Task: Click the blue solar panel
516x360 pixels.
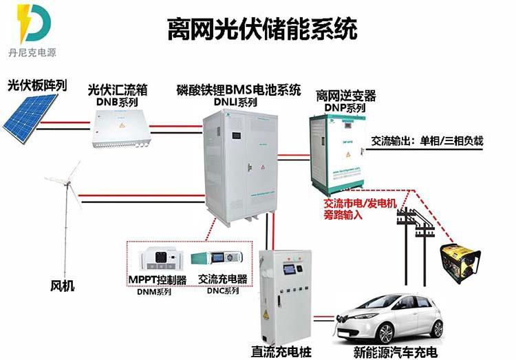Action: pos(29,115)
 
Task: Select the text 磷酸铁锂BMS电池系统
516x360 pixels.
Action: pos(239,89)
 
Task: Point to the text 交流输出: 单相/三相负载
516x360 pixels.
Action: pos(427,141)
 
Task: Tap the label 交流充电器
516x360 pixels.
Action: pos(222,279)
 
